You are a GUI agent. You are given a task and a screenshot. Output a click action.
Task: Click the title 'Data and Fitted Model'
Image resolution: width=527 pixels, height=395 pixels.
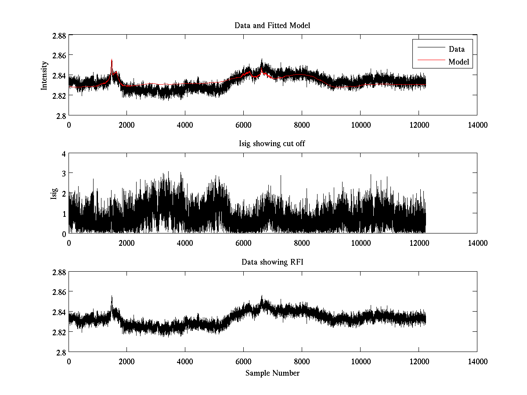[272, 25]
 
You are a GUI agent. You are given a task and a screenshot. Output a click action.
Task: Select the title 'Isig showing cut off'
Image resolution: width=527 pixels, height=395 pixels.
[272, 144]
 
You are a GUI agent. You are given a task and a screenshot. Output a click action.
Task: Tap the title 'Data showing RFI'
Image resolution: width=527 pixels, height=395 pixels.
[272, 262]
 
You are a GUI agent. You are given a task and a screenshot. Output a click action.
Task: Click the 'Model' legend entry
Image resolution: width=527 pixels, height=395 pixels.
[459, 62]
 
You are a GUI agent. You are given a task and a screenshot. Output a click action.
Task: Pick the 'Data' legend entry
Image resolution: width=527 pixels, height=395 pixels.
[456, 49]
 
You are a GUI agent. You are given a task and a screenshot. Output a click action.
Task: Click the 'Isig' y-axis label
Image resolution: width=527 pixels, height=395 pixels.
[54, 194]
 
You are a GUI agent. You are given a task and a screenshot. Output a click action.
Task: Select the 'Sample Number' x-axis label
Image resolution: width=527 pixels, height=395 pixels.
[272, 373]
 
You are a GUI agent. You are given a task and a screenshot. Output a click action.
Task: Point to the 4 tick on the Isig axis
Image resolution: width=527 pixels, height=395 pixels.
[64, 154]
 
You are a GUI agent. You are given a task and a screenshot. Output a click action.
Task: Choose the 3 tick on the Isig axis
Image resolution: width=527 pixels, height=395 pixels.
[64, 173]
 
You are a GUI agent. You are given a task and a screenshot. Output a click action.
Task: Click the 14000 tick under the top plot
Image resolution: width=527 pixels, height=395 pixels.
[477, 125]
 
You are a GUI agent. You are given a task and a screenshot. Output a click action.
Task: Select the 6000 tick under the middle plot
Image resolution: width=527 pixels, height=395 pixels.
[243, 243]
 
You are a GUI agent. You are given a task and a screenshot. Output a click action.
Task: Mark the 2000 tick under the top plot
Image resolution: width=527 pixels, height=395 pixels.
[127, 125]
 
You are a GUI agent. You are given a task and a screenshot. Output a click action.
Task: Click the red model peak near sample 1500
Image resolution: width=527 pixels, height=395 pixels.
[112, 60]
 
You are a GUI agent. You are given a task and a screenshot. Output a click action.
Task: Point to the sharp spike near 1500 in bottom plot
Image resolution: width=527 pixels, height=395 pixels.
[112, 297]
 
